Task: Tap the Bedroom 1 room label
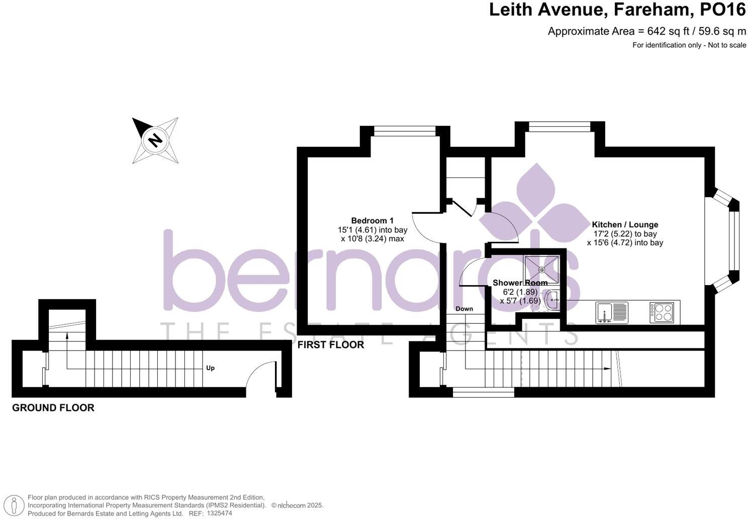[x=372, y=221]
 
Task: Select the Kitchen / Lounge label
[x=625, y=225]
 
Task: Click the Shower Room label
[x=520, y=283]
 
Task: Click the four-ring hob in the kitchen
[x=661, y=312]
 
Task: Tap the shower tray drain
[x=541, y=270]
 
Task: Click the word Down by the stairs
[x=464, y=309]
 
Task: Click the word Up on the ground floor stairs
[x=210, y=368]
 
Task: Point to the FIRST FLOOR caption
[x=330, y=345]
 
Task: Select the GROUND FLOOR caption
[x=53, y=408]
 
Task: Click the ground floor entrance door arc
[x=260, y=375]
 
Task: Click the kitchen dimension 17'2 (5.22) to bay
[x=625, y=234]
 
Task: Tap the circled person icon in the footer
[x=17, y=505]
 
